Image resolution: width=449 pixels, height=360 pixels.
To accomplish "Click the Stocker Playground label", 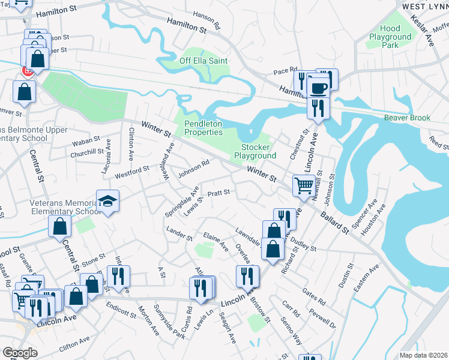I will (x=259, y=151).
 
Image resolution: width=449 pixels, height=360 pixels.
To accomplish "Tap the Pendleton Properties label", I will (x=203, y=128).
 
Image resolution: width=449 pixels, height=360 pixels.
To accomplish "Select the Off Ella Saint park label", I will (x=205, y=61).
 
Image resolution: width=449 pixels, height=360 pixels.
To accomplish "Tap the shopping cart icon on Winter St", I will (x=304, y=185).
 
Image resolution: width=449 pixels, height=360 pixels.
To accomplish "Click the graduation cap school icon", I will (x=109, y=201).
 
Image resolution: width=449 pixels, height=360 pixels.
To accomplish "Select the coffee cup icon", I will (x=318, y=88).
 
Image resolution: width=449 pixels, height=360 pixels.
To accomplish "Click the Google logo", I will (x=20, y=353).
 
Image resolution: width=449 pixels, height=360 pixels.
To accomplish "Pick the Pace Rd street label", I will (x=285, y=71).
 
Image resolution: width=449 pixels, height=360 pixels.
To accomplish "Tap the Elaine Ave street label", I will (x=215, y=242).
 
